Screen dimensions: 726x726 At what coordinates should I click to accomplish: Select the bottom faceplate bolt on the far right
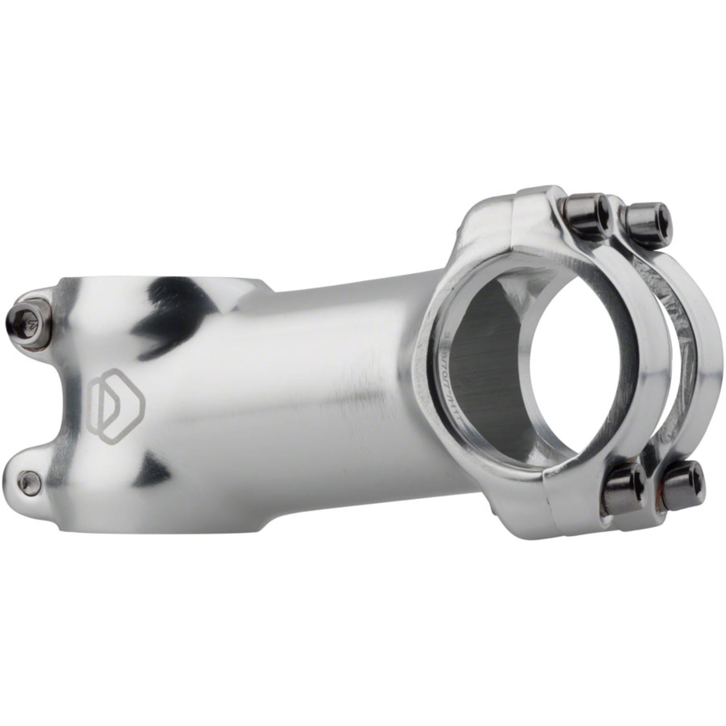click(x=683, y=486)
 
